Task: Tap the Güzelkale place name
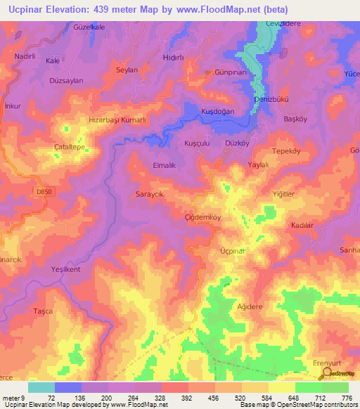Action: click(89, 27)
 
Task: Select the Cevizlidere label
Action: click(282, 22)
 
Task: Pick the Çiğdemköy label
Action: click(202, 217)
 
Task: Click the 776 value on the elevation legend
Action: click(345, 398)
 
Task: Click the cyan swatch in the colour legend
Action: click(41, 387)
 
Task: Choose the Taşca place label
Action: click(43, 311)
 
